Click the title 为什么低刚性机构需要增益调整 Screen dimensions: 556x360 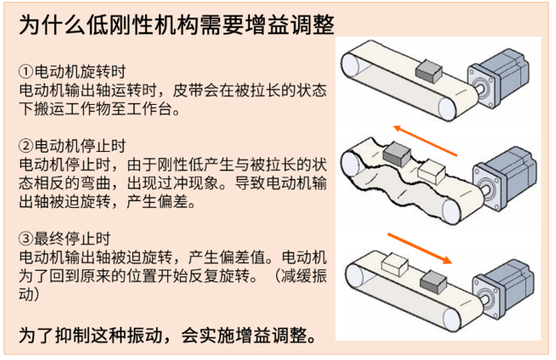[177, 24]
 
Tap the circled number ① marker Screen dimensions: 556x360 [26, 72]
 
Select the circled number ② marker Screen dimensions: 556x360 [26, 146]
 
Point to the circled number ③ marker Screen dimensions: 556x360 [26, 239]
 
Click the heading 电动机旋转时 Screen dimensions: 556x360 [80, 72]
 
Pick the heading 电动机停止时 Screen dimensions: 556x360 [80, 146]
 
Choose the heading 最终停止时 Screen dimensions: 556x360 [73, 239]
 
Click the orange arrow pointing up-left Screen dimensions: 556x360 [425, 141]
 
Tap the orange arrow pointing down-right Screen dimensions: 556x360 [420, 248]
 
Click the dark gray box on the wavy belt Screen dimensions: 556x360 [397, 154]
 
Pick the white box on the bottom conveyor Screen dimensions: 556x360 [395, 263]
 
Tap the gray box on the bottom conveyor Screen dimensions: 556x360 [434, 282]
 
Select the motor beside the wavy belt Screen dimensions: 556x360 [504, 178]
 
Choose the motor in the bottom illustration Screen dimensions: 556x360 [504, 289]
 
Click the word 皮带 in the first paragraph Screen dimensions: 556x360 [188, 90]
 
